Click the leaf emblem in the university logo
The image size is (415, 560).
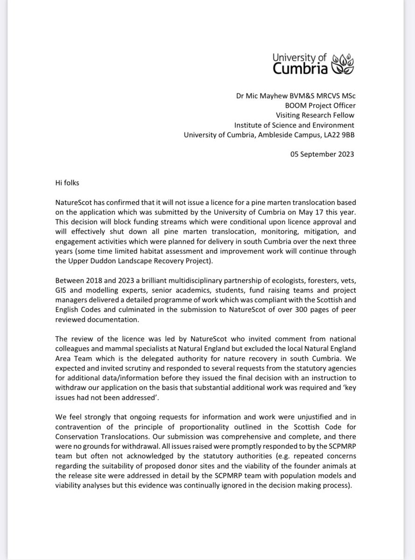pyautogui.click(x=344, y=64)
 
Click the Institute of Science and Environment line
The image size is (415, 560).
pyautogui.click(x=295, y=125)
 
